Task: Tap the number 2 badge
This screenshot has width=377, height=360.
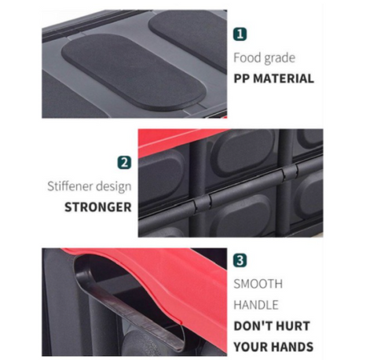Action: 124,163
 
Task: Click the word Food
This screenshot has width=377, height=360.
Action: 247,58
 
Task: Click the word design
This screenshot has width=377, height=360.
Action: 115,188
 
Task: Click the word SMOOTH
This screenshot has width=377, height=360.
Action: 258,283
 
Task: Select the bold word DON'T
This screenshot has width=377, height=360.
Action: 254,325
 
